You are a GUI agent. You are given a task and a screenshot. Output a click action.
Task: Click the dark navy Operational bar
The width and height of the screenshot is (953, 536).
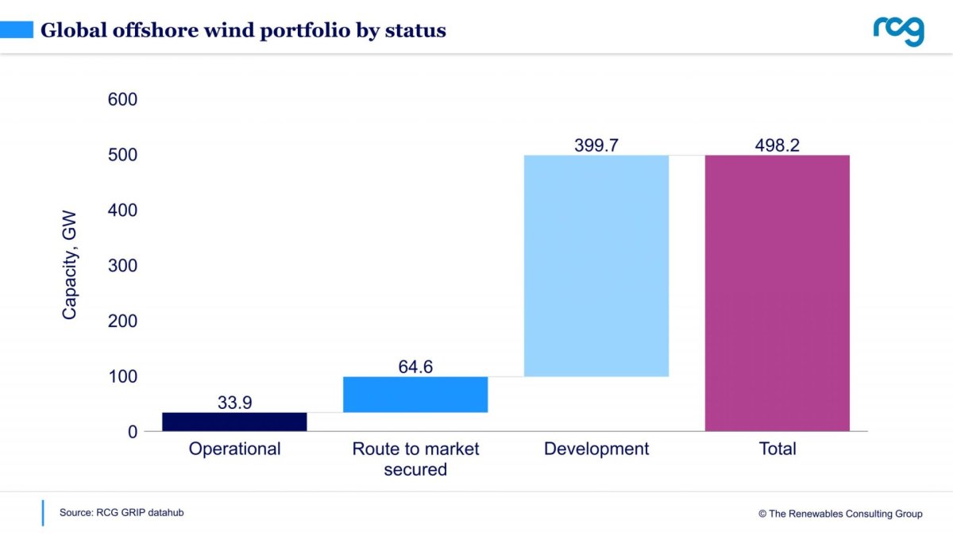click(x=234, y=422)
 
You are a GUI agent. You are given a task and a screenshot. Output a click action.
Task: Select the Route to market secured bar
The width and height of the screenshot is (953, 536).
click(x=415, y=395)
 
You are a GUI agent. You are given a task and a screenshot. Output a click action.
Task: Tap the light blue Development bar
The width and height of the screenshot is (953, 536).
click(x=596, y=265)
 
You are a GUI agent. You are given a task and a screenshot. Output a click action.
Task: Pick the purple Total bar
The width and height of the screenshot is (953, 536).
click(x=777, y=293)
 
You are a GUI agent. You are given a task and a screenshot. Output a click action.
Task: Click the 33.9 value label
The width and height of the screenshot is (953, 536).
click(x=234, y=403)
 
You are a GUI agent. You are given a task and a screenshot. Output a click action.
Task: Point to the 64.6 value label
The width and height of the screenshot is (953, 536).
click(x=415, y=367)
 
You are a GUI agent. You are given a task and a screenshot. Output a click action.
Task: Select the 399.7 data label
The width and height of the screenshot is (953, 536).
click(x=596, y=145)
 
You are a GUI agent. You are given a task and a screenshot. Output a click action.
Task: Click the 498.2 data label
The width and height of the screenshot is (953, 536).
click(x=777, y=145)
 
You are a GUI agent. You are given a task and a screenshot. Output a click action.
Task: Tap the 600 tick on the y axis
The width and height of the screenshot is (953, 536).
click(x=122, y=100)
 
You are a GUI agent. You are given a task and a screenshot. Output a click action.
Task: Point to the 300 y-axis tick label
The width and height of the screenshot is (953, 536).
click(x=122, y=266)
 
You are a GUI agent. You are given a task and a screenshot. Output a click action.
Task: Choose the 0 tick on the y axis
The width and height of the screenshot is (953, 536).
click(x=132, y=432)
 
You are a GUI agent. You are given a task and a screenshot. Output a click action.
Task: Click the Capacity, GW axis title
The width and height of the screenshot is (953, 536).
click(x=70, y=267)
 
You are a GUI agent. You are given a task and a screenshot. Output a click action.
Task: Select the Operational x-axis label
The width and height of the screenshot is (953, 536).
click(x=234, y=449)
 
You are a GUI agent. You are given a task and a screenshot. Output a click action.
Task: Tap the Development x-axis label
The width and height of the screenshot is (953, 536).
click(x=596, y=449)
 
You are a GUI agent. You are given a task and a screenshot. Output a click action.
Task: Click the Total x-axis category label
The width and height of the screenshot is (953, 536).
click(x=777, y=449)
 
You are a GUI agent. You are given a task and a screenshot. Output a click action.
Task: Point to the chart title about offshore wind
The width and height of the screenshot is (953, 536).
click(x=243, y=31)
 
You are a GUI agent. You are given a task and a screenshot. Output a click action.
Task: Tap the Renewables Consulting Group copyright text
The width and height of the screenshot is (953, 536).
click(x=840, y=514)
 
